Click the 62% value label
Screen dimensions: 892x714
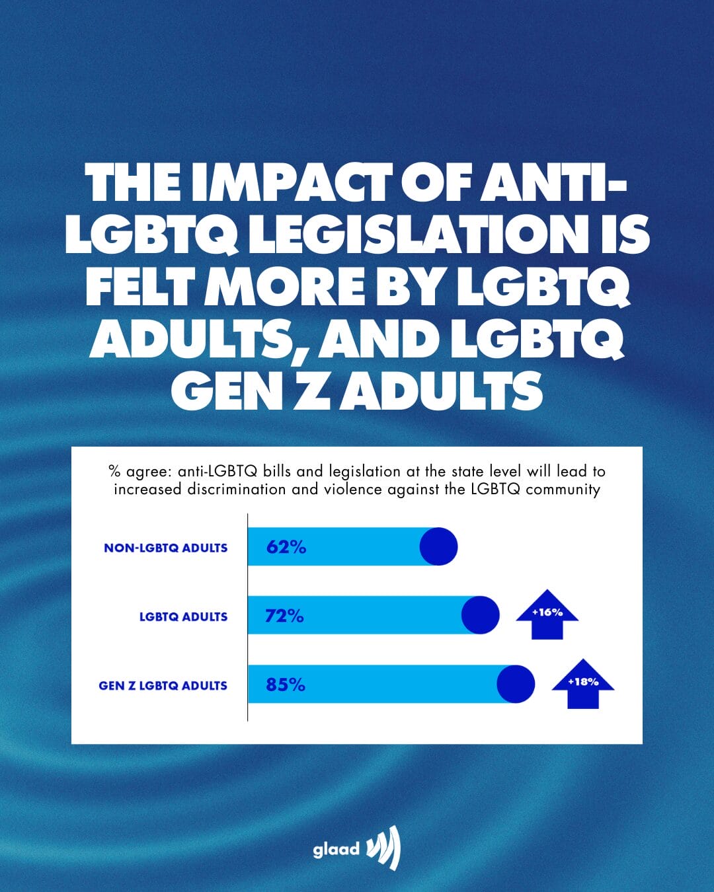[x=286, y=547]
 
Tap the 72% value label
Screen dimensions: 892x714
[x=284, y=616]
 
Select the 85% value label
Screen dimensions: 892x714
[x=286, y=685]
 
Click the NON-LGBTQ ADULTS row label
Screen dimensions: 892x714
[x=165, y=548]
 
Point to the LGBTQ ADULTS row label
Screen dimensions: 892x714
[x=183, y=616]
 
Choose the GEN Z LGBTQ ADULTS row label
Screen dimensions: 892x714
[x=163, y=686]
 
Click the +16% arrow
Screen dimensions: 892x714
[x=547, y=614]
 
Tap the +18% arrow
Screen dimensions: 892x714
[x=583, y=683]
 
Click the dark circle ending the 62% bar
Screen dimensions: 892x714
[x=438, y=546]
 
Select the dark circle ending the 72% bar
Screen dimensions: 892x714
[x=480, y=615]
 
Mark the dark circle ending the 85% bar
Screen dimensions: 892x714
[x=516, y=684]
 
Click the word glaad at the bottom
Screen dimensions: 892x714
[x=336, y=849]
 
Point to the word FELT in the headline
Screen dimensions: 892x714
[x=140, y=287]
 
